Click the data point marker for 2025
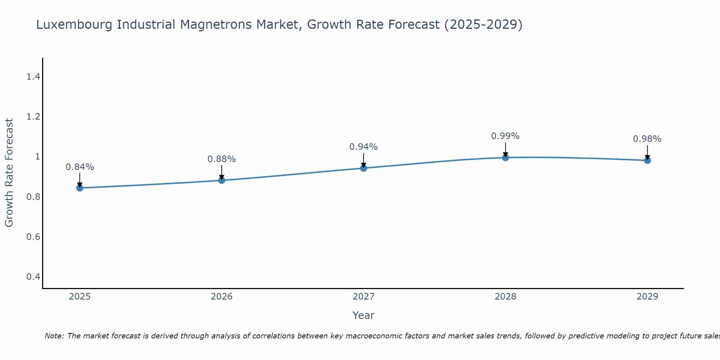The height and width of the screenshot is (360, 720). [80, 188]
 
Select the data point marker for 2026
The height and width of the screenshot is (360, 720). [222, 180]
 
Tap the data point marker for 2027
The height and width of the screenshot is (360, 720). [364, 168]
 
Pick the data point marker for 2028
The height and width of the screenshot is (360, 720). [505, 157]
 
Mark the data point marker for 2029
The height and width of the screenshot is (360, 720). [647, 160]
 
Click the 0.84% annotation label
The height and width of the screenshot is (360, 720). [80, 167]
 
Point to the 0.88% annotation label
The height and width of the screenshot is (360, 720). [222, 159]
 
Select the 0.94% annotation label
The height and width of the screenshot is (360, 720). [364, 147]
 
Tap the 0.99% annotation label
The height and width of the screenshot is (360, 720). [505, 136]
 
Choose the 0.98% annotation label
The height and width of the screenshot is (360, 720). [647, 139]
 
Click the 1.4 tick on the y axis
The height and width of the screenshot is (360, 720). [33, 77]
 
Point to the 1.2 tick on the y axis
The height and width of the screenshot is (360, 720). [33, 117]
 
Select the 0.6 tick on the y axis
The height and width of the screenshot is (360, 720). [33, 237]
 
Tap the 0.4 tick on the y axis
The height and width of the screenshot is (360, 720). [33, 276]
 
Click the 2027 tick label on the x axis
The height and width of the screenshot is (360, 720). [364, 297]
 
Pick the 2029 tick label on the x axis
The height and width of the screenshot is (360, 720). [647, 297]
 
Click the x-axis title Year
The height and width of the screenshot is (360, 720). [364, 315]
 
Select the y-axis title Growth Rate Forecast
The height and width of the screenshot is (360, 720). [9, 173]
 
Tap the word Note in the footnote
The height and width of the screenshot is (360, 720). [54, 336]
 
